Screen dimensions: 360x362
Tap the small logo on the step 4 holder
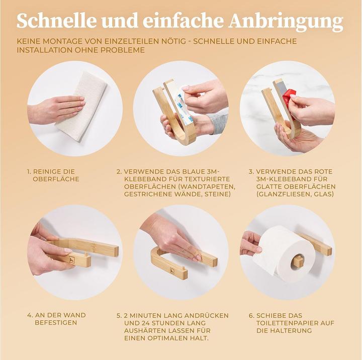[71, 260]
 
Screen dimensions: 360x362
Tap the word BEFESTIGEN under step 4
[56, 323]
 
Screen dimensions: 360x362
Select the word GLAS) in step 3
[323, 194]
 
